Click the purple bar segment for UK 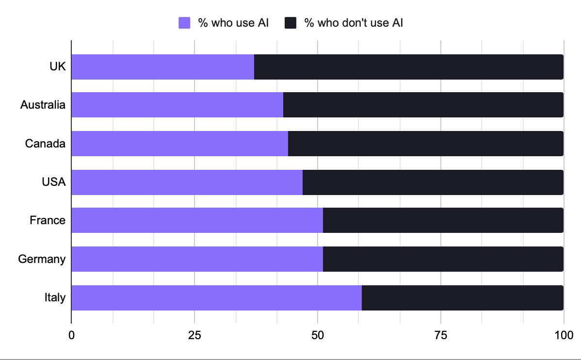click(x=163, y=67)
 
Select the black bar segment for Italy click(x=462, y=297)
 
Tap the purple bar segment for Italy click(x=216, y=297)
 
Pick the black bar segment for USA click(x=433, y=182)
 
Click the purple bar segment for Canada click(x=179, y=144)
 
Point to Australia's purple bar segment click(x=177, y=105)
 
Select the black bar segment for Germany click(x=443, y=259)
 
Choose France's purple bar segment click(x=197, y=220)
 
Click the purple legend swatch click(x=184, y=23)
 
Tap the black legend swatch click(x=290, y=23)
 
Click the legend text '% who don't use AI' click(x=354, y=23)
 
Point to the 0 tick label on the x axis click(x=72, y=335)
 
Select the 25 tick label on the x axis click(x=194, y=335)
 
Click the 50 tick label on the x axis click(x=318, y=335)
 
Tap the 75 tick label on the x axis click(x=441, y=335)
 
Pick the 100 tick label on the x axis click(x=564, y=335)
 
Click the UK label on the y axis click(x=57, y=67)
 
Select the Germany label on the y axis click(x=42, y=259)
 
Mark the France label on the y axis click(x=48, y=220)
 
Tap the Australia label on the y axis click(x=43, y=105)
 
